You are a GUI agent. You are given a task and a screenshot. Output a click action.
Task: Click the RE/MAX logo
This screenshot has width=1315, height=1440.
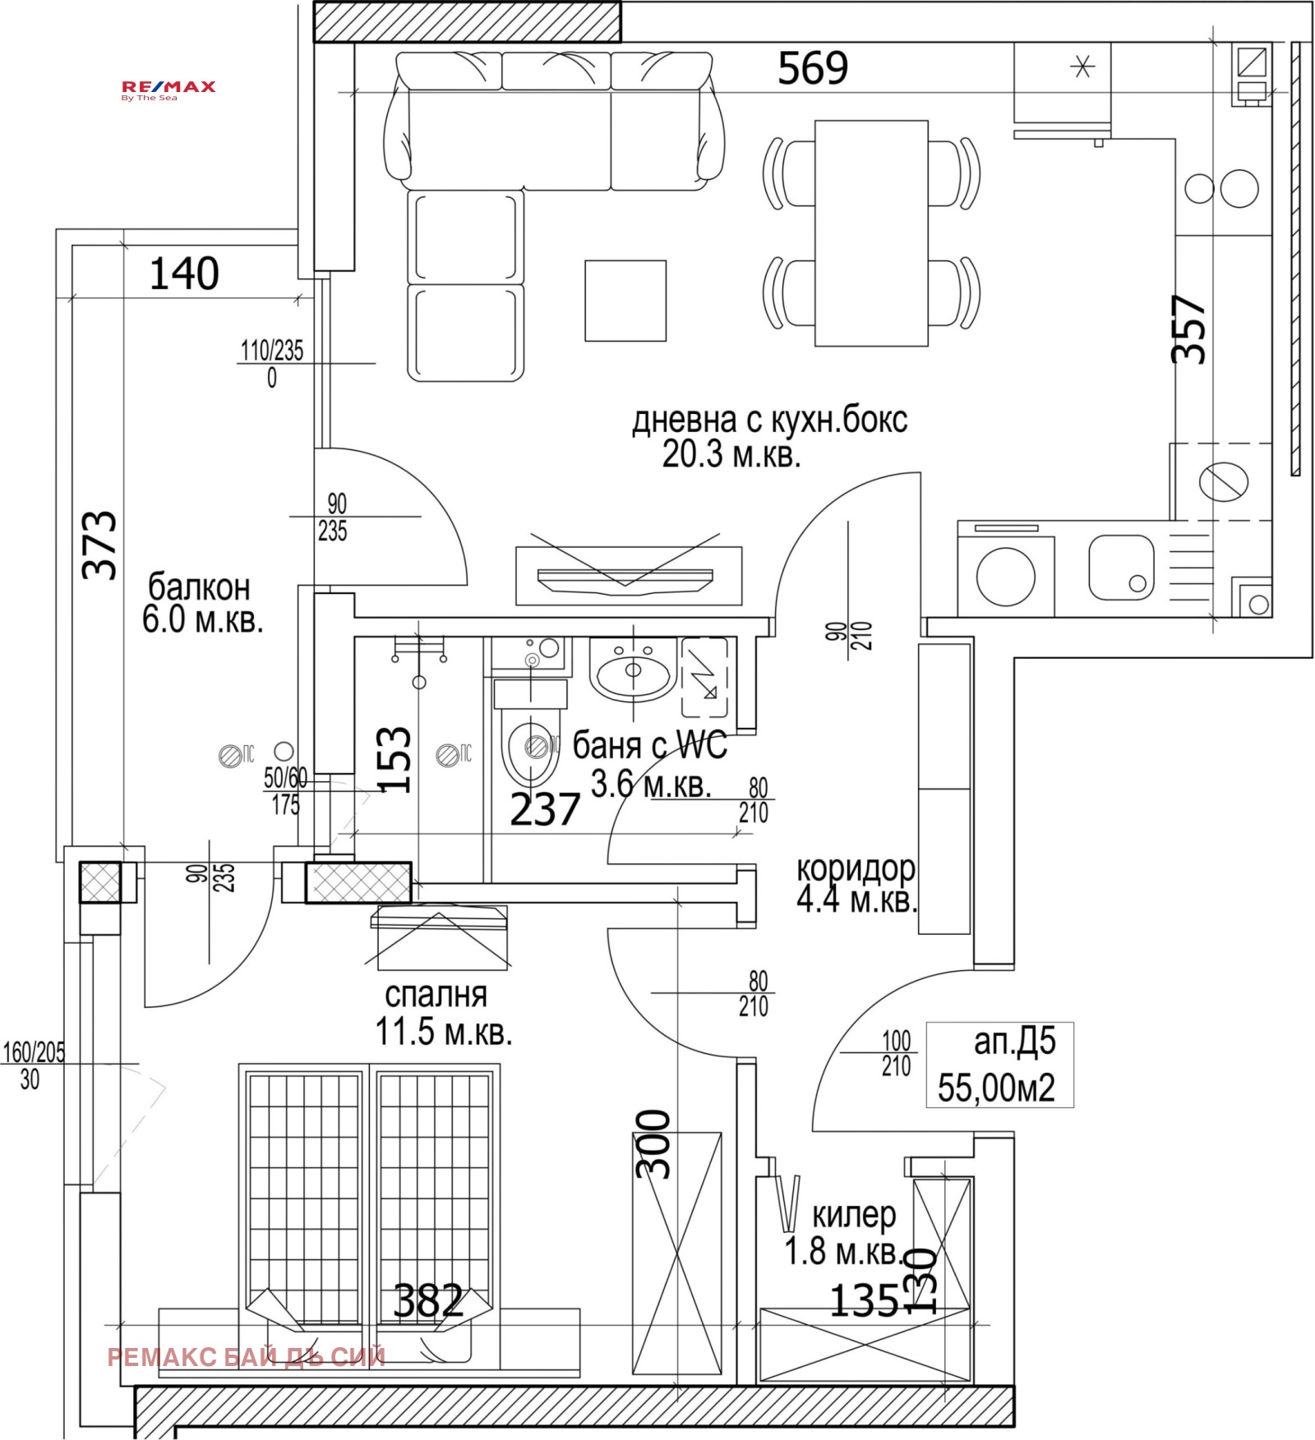(168, 90)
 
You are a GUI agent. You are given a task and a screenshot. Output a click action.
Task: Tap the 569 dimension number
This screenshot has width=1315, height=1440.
(812, 68)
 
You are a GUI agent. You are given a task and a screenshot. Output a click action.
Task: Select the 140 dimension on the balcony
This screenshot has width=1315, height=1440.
(183, 274)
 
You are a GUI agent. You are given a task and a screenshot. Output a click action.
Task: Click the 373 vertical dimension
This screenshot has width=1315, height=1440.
(100, 545)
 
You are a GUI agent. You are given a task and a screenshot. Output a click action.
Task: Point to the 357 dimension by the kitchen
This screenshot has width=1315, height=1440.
(1188, 329)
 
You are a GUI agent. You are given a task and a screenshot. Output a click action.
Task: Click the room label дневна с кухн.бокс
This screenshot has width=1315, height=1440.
(768, 421)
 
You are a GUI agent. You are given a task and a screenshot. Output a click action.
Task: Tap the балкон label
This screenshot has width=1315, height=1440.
(199, 588)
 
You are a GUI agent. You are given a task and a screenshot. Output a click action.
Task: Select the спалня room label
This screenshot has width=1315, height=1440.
(436, 995)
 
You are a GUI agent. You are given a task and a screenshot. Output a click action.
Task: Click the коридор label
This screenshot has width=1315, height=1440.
(855, 868)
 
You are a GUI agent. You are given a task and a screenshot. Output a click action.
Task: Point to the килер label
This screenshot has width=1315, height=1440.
(853, 1214)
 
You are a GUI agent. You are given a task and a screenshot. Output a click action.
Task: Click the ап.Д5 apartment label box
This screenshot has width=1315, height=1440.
(999, 1065)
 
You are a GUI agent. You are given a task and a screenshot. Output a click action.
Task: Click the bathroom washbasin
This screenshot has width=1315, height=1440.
(632, 671)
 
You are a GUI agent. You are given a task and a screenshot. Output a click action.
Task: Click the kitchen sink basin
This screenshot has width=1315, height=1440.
(1120, 567)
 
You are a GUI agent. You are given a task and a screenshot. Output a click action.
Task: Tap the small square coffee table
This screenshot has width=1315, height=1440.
(625, 301)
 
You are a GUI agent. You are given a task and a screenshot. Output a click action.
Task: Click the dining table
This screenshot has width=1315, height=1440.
(871, 233)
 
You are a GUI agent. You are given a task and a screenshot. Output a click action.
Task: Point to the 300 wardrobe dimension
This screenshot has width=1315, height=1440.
(654, 1143)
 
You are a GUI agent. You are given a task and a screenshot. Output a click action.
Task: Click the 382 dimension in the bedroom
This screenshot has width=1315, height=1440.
(428, 1300)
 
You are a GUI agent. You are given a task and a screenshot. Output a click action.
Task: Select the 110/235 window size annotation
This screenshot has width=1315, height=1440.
(271, 351)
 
